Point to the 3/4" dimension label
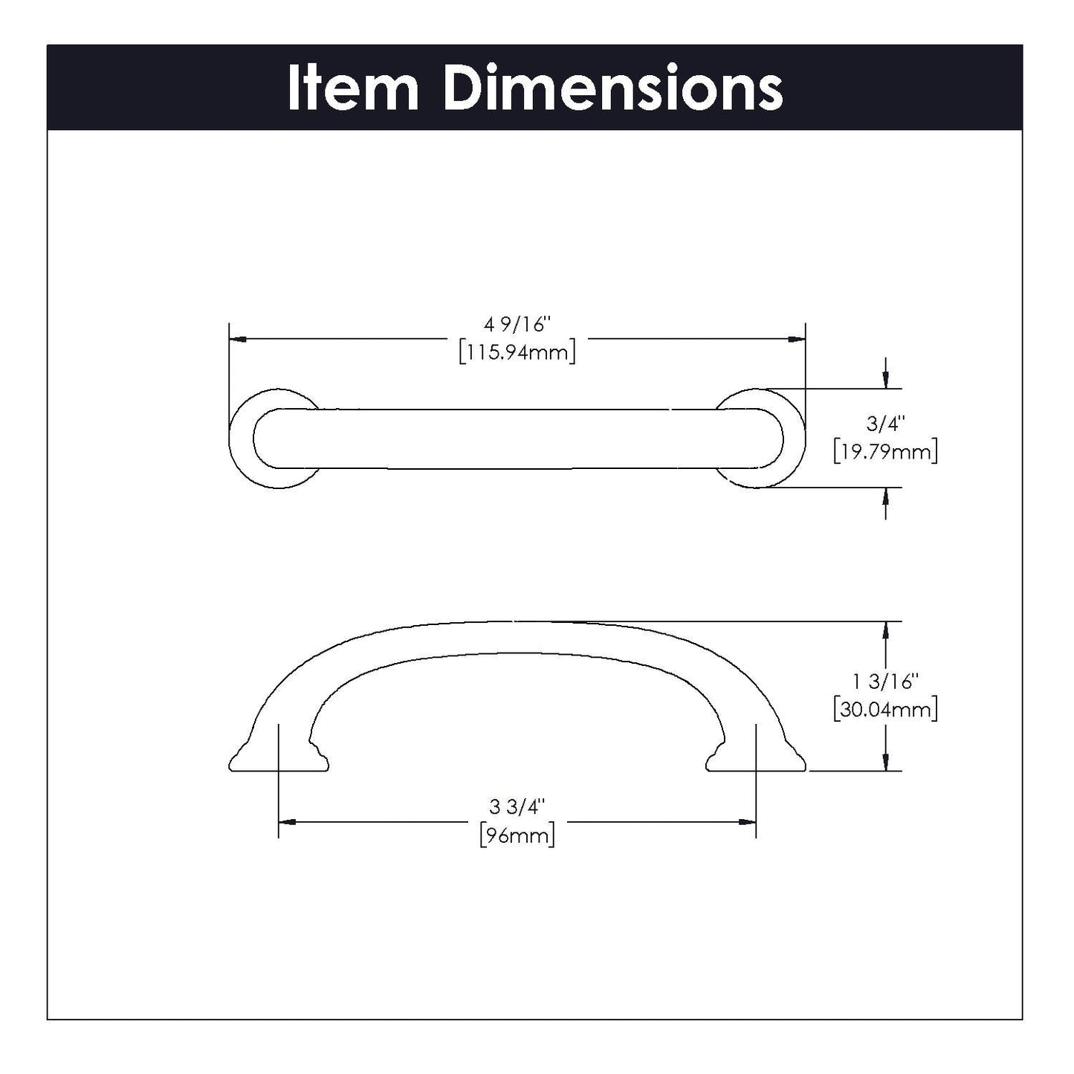pyautogui.click(x=885, y=424)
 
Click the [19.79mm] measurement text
pyautogui.click(x=885, y=451)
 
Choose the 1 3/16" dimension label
pyautogui.click(x=885, y=681)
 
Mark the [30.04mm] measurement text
pyautogui.click(x=885, y=708)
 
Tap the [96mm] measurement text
pyautogui.click(x=517, y=835)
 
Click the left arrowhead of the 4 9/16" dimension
pyautogui.click(x=238, y=339)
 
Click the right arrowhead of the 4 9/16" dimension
pyautogui.click(x=797, y=339)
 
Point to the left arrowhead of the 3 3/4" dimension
pyautogui.click(x=287, y=822)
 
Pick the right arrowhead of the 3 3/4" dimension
pyautogui.click(x=747, y=822)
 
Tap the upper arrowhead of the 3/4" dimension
pyautogui.click(x=885, y=380)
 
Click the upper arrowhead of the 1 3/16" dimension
pyautogui.click(x=885, y=630)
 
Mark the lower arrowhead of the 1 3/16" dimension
pyautogui.click(x=885, y=762)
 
